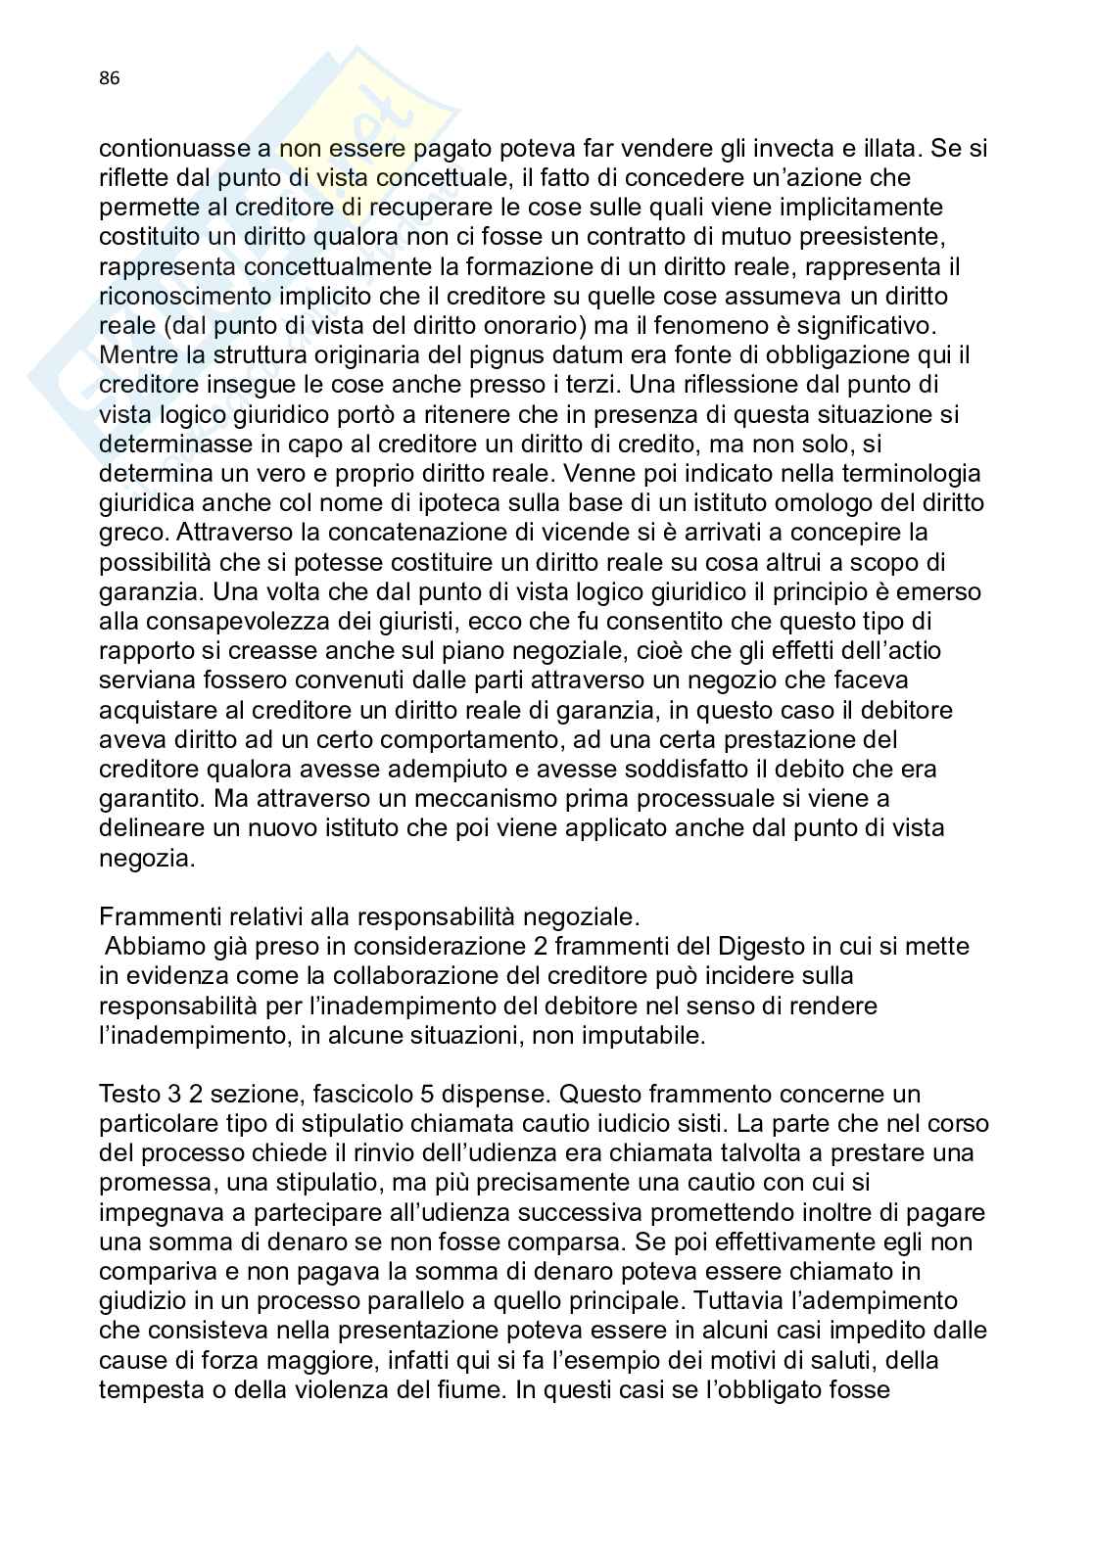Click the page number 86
coord(109,80)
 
